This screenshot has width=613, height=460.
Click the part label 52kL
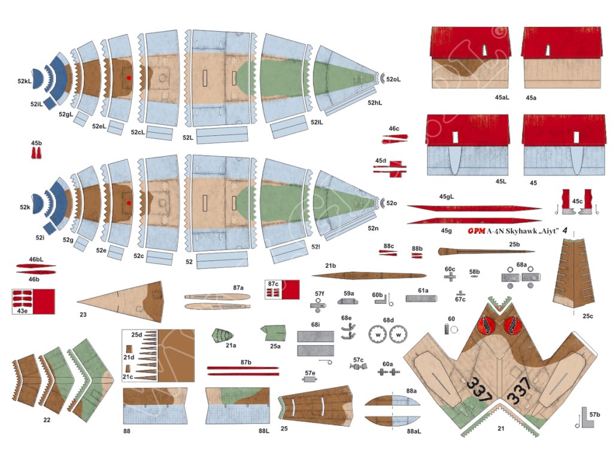click(x=25, y=80)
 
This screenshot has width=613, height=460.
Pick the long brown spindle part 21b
click(x=369, y=276)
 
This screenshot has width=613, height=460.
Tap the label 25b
click(x=514, y=244)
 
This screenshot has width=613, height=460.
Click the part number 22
click(x=47, y=420)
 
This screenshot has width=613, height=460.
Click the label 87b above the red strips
click(x=245, y=362)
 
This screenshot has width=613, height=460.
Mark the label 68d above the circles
click(x=389, y=320)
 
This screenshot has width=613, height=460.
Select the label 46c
click(x=393, y=129)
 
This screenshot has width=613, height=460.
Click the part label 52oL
click(x=393, y=78)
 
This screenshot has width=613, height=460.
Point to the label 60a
click(x=387, y=364)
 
